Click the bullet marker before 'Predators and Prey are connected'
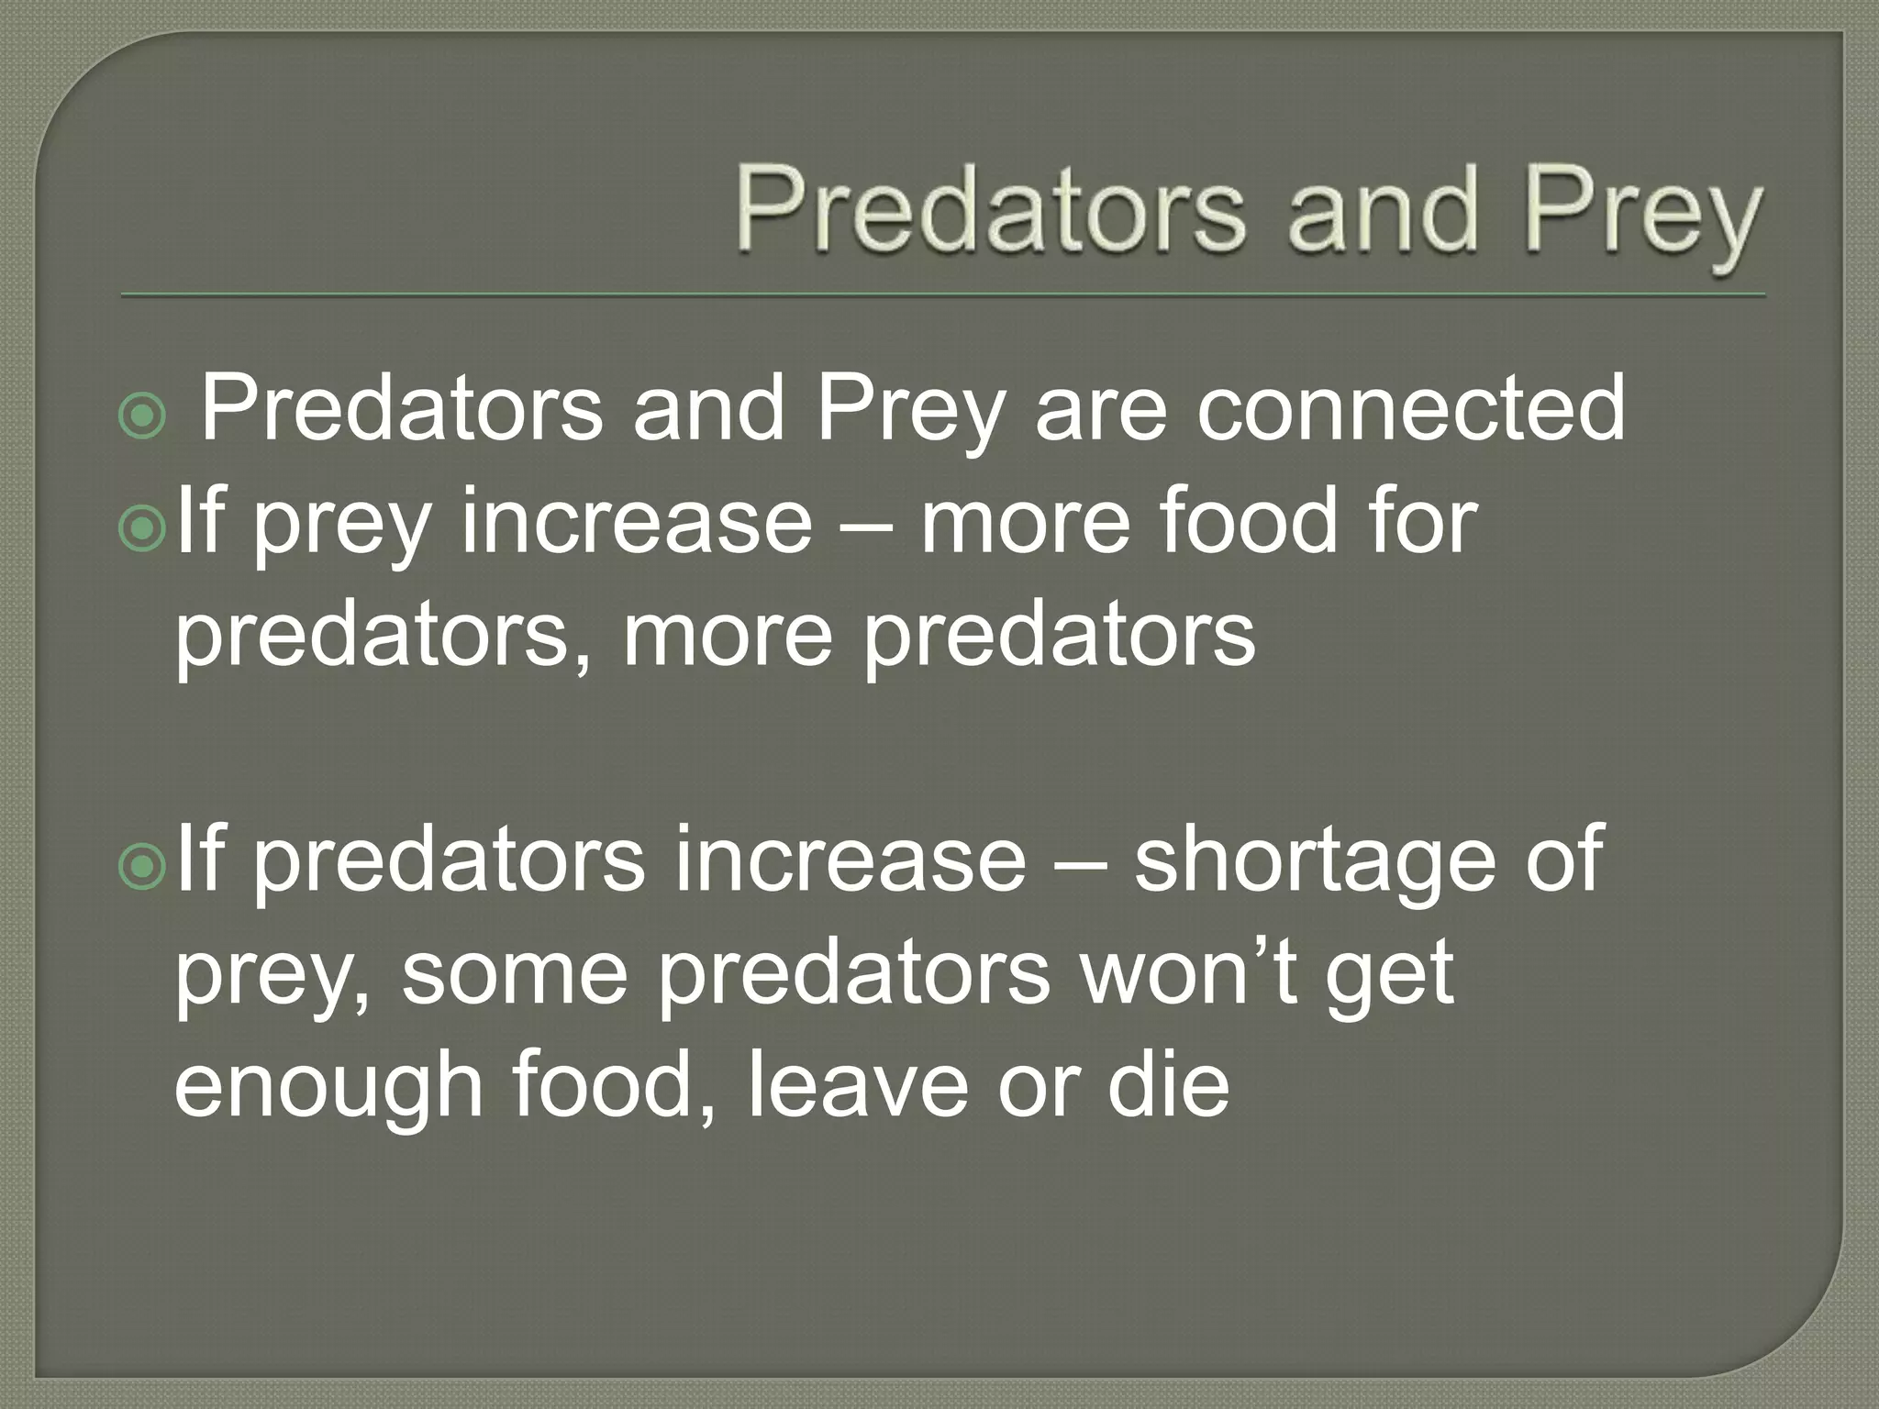(142, 418)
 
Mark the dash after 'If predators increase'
(1079, 862)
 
